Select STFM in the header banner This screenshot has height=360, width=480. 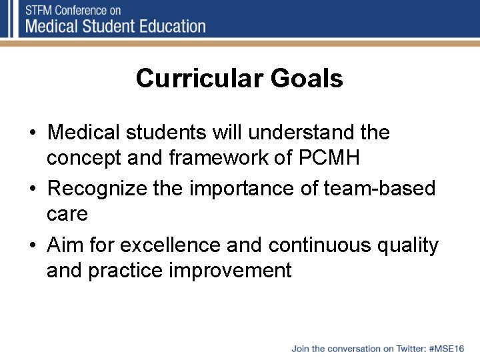coord(40,10)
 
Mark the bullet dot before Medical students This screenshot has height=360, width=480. coord(33,133)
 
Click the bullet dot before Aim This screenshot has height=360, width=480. coord(33,246)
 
